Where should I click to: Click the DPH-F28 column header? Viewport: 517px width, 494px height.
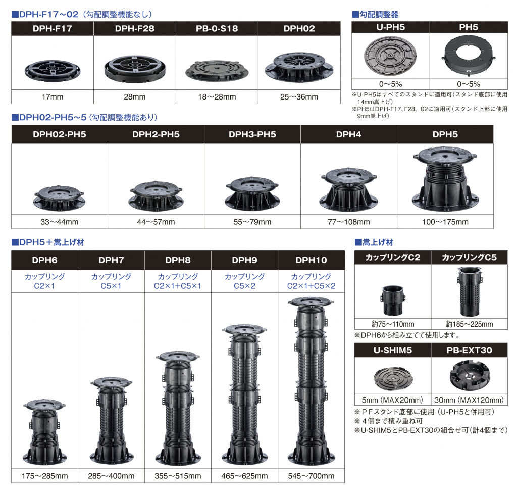pyautogui.click(x=134, y=29)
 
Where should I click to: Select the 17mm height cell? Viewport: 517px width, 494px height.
pyautogui.click(x=53, y=96)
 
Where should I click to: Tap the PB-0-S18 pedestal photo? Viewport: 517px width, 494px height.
pyautogui.click(x=217, y=71)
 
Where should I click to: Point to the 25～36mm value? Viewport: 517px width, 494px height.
pyautogui.click(x=299, y=96)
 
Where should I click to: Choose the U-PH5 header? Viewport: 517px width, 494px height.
pyautogui.click(x=391, y=27)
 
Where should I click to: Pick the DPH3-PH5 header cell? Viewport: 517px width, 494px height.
pyautogui.click(x=252, y=134)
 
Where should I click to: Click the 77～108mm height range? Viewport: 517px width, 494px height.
pyautogui.click(x=348, y=222)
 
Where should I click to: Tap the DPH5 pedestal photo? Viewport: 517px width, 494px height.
pyautogui.click(x=445, y=179)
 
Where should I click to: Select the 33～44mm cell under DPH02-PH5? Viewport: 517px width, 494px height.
pyautogui.click(x=60, y=222)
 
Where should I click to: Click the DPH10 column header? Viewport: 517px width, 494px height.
pyautogui.click(x=311, y=260)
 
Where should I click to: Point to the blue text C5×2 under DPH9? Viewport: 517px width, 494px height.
pyautogui.click(x=245, y=286)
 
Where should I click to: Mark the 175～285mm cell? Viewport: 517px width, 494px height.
pyautogui.click(x=45, y=476)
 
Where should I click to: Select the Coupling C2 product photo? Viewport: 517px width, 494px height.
pyautogui.click(x=393, y=301)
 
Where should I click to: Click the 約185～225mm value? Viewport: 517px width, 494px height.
pyautogui.click(x=469, y=324)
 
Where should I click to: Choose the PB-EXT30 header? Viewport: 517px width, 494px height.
pyautogui.click(x=469, y=350)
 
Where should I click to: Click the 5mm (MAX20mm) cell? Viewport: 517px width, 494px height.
pyautogui.click(x=392, y=400)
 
